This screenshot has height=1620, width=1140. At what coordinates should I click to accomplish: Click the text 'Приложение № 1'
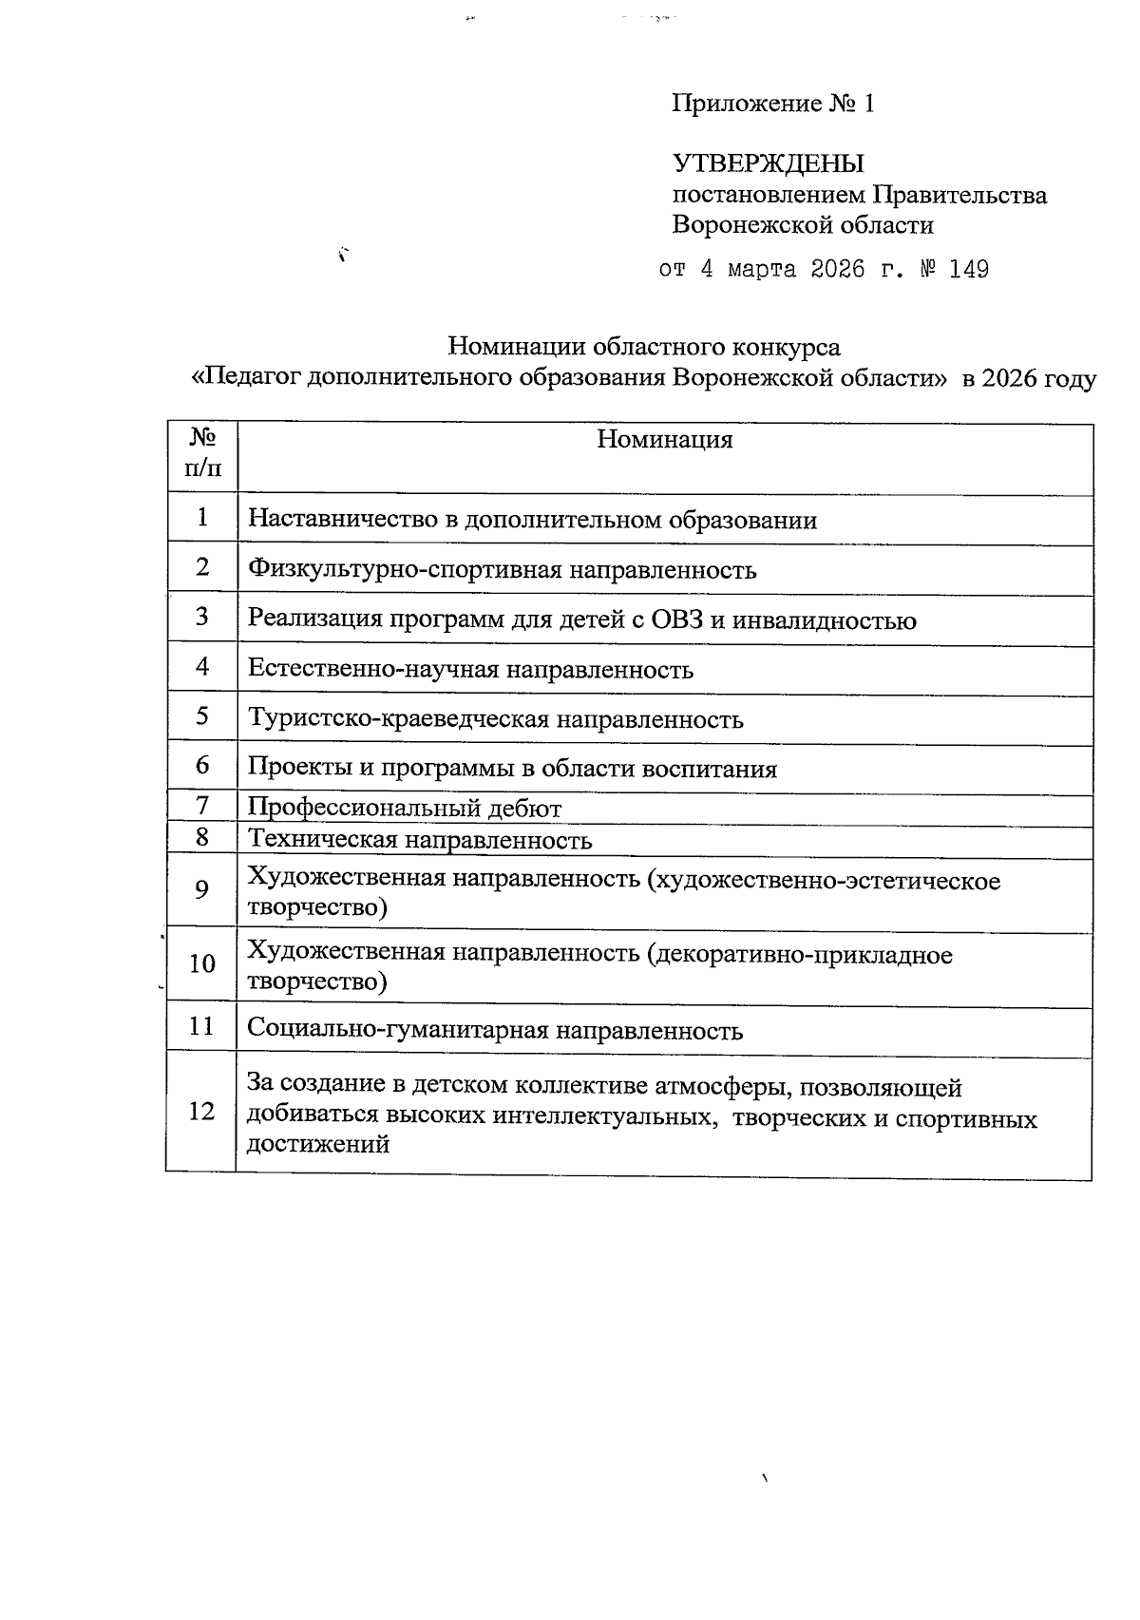tap(772, 104)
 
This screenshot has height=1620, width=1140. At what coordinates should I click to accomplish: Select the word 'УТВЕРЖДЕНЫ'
tap(769, 163)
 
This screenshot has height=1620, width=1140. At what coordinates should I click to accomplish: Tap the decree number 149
tap(968, 270)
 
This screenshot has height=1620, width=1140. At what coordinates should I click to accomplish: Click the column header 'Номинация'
tap(664, 440)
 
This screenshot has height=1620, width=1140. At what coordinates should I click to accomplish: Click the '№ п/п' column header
tap(201, 452)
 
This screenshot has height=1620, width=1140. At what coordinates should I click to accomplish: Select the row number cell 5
tap(202, 715)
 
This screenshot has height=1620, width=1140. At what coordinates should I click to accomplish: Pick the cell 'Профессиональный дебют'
tap(405, 809)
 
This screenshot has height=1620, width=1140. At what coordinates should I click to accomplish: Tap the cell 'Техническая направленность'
tap(420, 840)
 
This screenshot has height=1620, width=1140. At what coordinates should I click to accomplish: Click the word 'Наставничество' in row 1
tap(334, 520)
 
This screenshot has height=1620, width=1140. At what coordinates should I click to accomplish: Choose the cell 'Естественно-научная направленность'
tap(470, 670)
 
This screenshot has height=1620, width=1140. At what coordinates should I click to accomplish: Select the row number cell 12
tap(201, 1111)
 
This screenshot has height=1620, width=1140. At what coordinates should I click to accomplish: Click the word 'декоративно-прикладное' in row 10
tap(800, 955)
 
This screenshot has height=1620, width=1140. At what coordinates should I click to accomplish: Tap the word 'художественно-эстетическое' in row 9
tap(823, 881)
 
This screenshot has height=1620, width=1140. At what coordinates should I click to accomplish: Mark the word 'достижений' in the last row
tap(318, 1144)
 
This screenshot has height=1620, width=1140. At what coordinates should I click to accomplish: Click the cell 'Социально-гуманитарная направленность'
tap(495, 1031)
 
